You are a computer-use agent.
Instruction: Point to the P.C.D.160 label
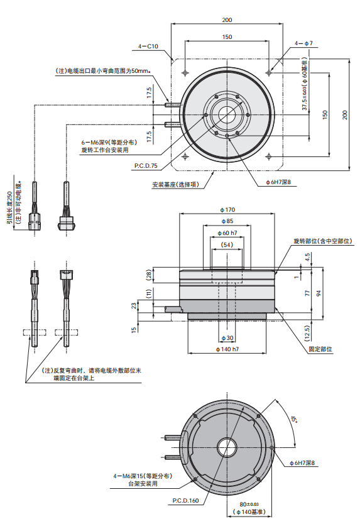tap(185, 501)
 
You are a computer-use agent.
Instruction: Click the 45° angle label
tap(293, 419)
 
